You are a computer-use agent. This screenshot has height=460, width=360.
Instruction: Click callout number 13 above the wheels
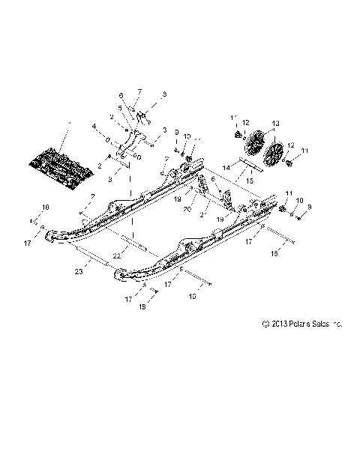point(274,124)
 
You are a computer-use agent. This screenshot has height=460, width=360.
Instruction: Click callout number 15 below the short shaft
point(250,182)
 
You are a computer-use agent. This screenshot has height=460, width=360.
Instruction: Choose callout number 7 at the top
point(138,92)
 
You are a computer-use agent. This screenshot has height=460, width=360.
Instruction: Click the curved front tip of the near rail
point(120,277)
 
